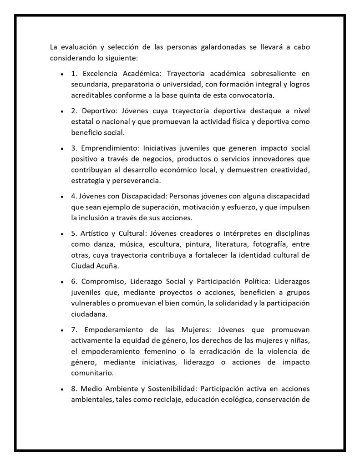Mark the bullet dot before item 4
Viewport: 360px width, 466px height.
click(x=61, y=197)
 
